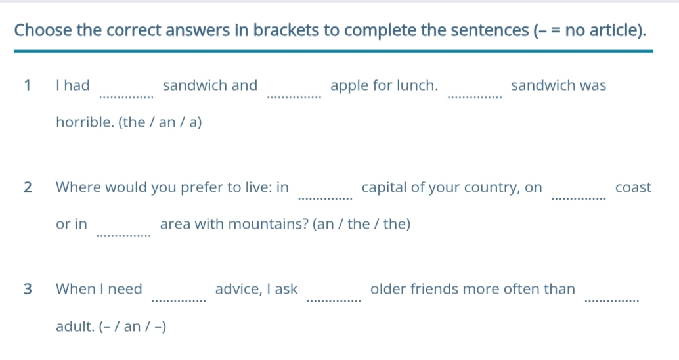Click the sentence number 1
click(x=28, y=85)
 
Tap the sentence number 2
click(x=28, y=187)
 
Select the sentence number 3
click(x=28, y=289)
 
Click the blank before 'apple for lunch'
click(x=294, y=97)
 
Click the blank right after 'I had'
click(x=127, y=97)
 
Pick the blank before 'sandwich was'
click(x=475, y=97)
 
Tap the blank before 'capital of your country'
click(x=326, y=199)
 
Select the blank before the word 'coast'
click(x=579, y=199)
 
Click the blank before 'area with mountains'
click(x=124, y=236)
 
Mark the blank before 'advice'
click(x=179, y=301)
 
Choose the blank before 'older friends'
click(x=334, y=301)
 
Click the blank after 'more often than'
click(x=612, y=301)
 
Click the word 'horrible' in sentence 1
click(x=85, y=122)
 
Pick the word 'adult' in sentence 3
click(x=75, y=326)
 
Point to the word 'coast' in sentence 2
click(x=633, y=188)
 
